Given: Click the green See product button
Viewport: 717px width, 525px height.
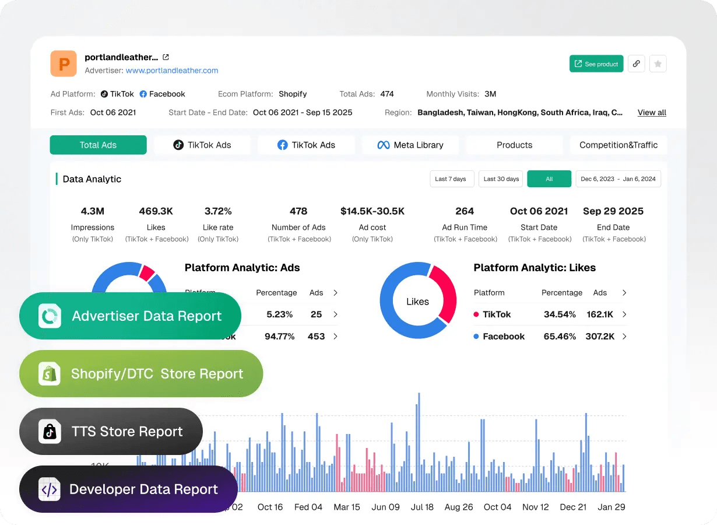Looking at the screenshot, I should [596, 64].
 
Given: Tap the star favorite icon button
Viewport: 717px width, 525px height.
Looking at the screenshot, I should [658, 64].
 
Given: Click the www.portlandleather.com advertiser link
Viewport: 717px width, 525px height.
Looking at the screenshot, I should [172, 71].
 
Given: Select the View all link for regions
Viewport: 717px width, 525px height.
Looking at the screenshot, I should [652, 113].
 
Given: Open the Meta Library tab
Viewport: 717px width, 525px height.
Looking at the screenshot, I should [410, 145].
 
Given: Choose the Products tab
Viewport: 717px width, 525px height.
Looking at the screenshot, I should [514, 145].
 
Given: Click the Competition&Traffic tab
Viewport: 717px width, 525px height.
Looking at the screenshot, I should [618, 145].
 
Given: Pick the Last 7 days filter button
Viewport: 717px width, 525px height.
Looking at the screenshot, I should [451, 179].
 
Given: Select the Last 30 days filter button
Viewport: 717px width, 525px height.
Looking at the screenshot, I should [501, 179].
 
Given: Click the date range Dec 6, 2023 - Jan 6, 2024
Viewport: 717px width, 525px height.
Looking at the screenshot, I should [618, 179].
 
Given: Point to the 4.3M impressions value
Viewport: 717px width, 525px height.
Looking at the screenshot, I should [93, 211].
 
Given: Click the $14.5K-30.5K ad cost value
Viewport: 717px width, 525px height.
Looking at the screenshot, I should [372, 211].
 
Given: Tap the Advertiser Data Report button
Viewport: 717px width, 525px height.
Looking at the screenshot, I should [130, 316].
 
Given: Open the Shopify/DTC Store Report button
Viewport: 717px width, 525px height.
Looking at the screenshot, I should [141, 374].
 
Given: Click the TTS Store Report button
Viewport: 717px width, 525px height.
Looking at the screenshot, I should [111, 432].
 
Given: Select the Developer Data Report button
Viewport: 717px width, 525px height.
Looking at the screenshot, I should [128, 489].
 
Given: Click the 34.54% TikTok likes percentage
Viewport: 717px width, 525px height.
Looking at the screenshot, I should [560, 314].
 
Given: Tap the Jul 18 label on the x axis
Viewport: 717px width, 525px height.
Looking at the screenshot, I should [422, 507].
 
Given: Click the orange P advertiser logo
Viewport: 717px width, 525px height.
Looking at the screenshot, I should [64, 64].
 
